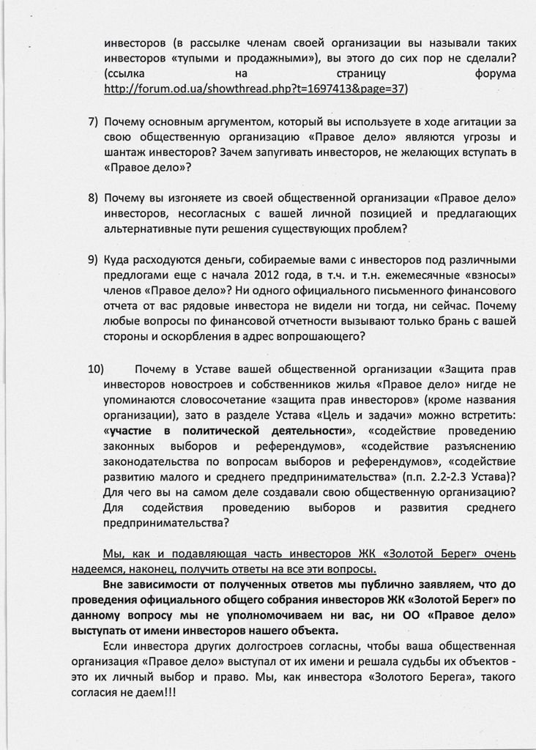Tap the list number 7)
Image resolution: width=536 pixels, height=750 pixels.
(x=93, y=121)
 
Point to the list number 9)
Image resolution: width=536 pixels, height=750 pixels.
(x=93, y=259)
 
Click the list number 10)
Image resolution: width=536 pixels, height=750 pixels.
(x=97, y=368)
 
